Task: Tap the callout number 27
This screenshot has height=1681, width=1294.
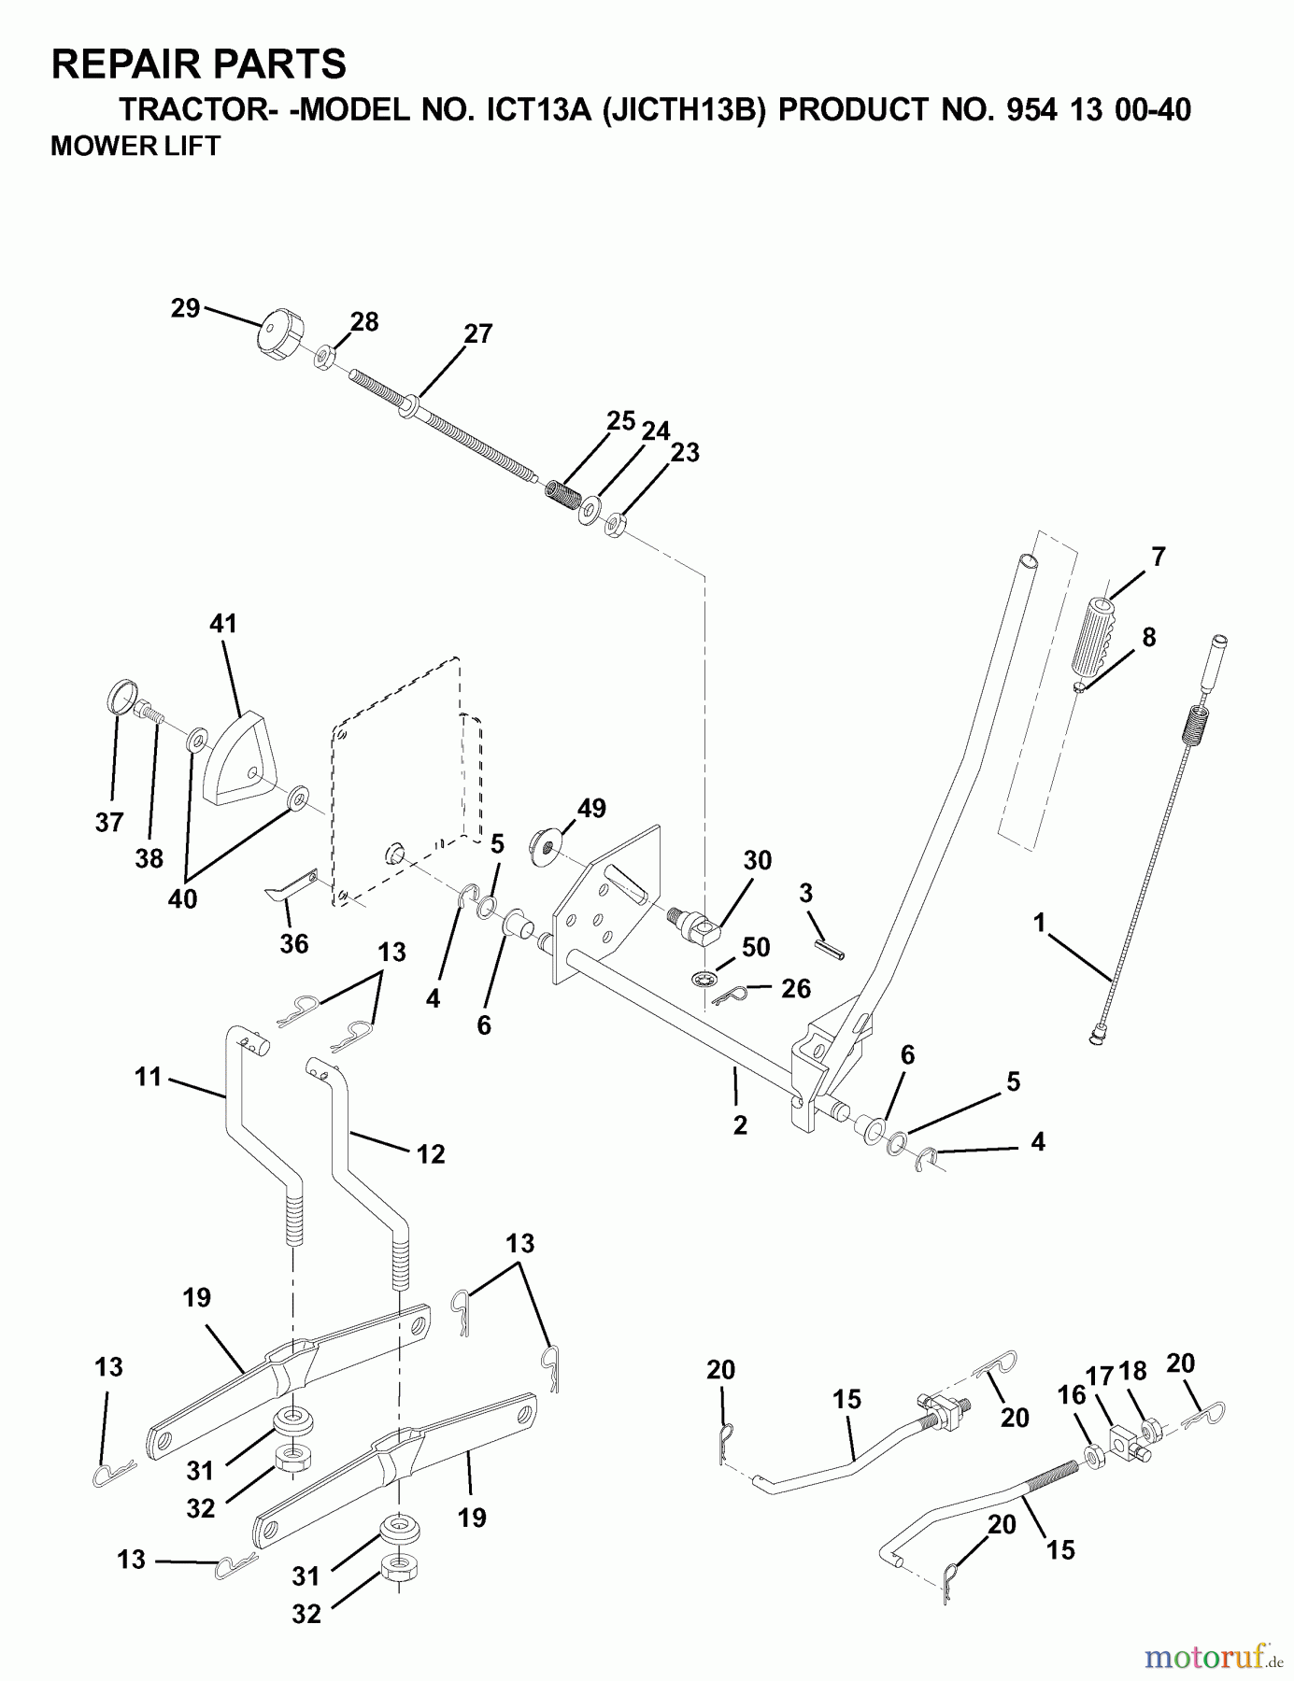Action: click(477, 333)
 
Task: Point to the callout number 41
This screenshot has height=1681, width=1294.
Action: click(223, 623)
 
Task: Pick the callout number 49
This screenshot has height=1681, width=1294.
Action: click(591, 808)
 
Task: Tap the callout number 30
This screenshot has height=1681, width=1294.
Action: click(757, 860)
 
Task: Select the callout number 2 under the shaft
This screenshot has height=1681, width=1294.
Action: click(740, 1125)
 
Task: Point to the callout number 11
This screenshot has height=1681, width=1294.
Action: click(148, 1077)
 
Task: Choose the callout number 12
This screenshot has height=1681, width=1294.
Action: click(431, 1154)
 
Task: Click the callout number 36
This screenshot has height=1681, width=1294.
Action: click(293, 944)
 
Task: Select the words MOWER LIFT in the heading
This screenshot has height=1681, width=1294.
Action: click(135, 147)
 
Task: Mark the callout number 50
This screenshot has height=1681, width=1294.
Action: click(755, 947)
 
